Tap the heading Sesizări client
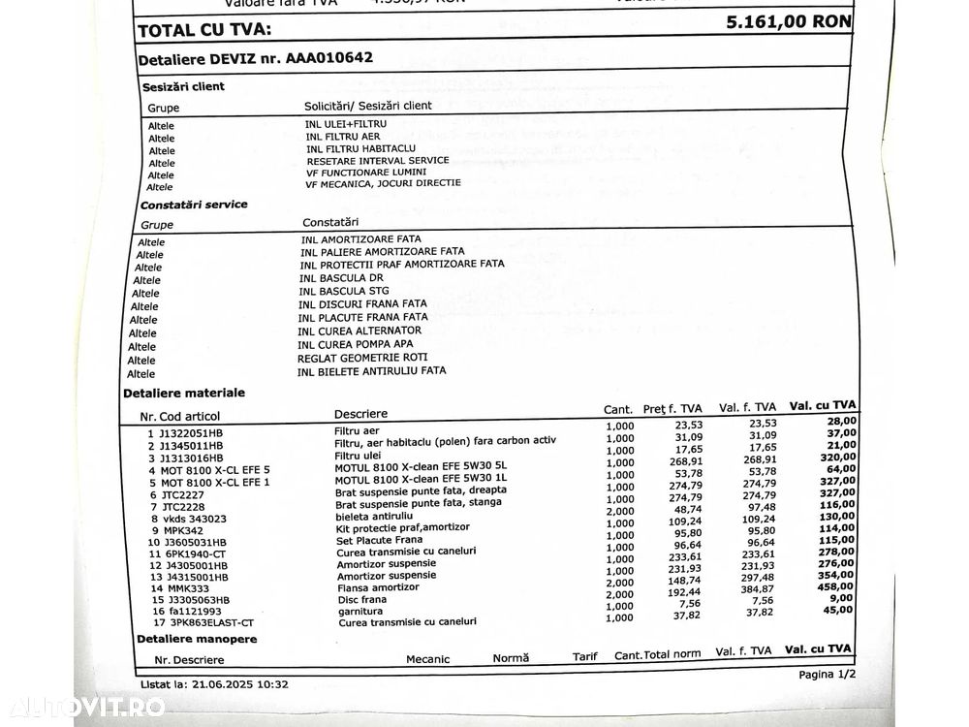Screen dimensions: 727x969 pyautogui.click(x=183, y=86)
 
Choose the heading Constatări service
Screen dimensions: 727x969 pyautogui.click(x=194, y=205)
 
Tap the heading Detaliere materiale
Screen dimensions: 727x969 pyautogui.click(x=184, y=393)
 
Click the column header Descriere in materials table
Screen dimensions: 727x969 pyautogui.click(x=360, y=413)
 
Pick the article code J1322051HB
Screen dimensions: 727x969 pyautogui.click(x=193, y=432)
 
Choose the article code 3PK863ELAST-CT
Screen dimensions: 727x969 pyautogui.click(x=207, y=622)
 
